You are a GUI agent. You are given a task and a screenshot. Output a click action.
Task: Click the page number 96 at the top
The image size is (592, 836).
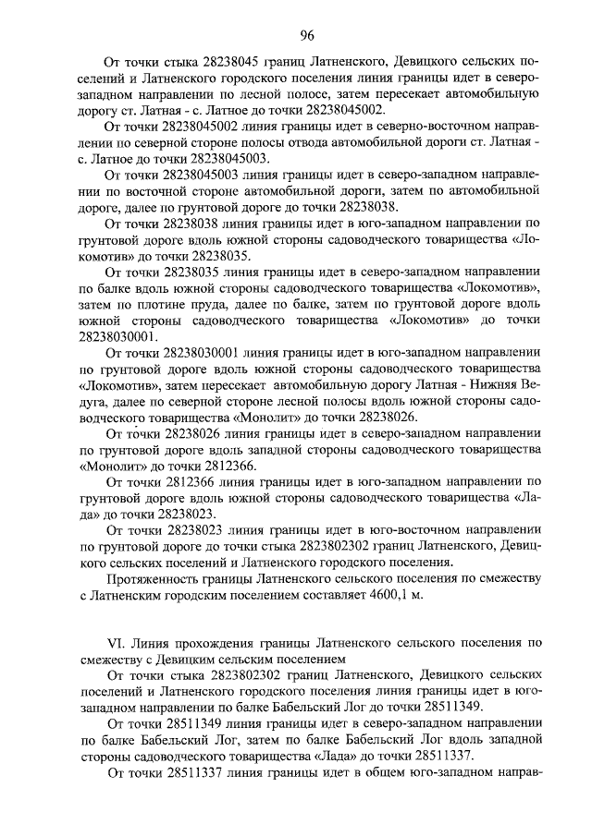306,37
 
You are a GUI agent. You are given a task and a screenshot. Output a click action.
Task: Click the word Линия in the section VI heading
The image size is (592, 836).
153,642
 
